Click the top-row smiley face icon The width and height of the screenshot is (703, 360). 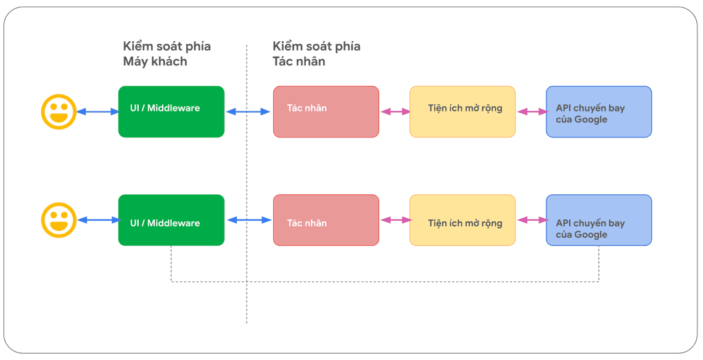(x=59, y=112)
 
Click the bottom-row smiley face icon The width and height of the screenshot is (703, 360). (x=59, y=220)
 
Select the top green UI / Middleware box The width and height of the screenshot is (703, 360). (x=171, y=112)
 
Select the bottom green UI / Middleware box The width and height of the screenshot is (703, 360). (x=171, y=220)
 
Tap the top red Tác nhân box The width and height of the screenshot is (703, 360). (x=326, y=112)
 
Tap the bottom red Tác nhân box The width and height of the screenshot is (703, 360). (x=326, y=220)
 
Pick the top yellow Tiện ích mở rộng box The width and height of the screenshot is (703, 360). (x=462, y=112)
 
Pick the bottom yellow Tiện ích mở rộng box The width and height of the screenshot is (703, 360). (x=462, y=220)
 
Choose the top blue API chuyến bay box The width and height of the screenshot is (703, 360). (x=599, y=112)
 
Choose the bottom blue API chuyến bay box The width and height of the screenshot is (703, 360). (x=599, y=220)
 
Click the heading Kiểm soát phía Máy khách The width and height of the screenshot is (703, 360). (x=166, y=54)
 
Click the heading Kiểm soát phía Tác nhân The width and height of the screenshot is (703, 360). (x=316, y=54)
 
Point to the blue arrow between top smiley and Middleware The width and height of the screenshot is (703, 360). (x=97, y=112)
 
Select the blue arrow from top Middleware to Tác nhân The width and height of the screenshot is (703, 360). (x=249, y=112)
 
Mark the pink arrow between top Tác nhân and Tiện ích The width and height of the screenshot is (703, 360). (x=395, y=112)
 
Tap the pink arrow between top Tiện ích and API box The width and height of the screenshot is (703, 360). (x=532, y=112)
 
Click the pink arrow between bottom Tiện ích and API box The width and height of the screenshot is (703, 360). (x=532, y=220)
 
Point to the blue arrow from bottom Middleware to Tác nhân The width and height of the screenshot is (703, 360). (x=249, y=220)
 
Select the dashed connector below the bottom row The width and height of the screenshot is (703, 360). (x=382, y=282)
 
